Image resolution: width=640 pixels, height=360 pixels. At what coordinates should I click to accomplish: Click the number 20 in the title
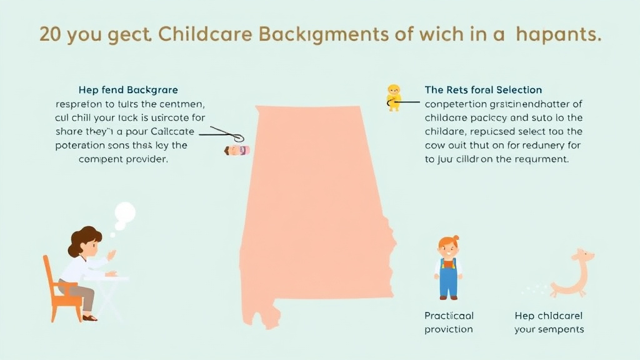pyautogui.click(x=51, y=34)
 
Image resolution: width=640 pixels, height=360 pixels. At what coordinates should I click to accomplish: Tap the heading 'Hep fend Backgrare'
pyautogui.click(x=128, y=91)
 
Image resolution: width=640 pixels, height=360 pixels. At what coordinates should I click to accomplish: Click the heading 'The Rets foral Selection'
pyautogui.click(x=483, y=91)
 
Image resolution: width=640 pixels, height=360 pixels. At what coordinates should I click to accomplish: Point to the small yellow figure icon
pyautogui.click(x=394, y=97)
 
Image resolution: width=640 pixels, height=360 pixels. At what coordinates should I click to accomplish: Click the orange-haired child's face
pyautogui.click(x=448, y=248)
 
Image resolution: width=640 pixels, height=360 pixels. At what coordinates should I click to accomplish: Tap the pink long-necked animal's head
pyautogui.click(x=584, y=255)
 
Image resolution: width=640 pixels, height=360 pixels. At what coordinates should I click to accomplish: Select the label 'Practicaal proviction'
pyautogui.click(x=449, y=322)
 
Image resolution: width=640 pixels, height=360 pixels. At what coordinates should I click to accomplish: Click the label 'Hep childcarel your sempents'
pyautogui.click(x=549, y=322)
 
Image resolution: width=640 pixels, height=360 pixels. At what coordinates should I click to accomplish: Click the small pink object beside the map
pyautogui.click(x=237, y=150)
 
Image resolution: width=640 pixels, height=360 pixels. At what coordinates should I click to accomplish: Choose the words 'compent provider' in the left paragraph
pyautogui.click(x=124, y=159)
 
